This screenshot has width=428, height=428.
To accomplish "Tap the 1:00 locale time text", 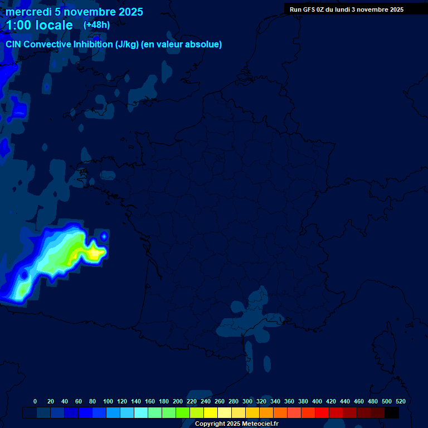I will [x=39, y=25].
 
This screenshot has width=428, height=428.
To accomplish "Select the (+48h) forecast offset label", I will [x=96, y=25].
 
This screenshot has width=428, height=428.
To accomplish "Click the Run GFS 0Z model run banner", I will [x=346, y=9].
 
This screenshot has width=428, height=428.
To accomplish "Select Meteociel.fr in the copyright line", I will [x=260, y=424].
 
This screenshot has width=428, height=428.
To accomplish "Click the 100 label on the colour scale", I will [x=108, y=401].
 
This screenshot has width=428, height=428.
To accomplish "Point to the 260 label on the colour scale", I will [x=219, y=401].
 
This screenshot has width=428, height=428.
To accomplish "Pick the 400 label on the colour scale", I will [x=317, y=401].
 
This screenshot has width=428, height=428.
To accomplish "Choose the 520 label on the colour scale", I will [x=400, y=401].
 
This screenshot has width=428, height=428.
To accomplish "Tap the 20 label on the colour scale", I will [x=51, y=401].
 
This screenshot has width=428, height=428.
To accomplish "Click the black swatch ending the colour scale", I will [x=392, y=413].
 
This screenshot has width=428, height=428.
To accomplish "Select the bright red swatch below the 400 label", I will [x=322, y=413].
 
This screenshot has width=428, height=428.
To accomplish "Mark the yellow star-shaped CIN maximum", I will [x=94, y=254].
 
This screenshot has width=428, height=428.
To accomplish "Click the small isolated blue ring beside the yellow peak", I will [x=104, y=236].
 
